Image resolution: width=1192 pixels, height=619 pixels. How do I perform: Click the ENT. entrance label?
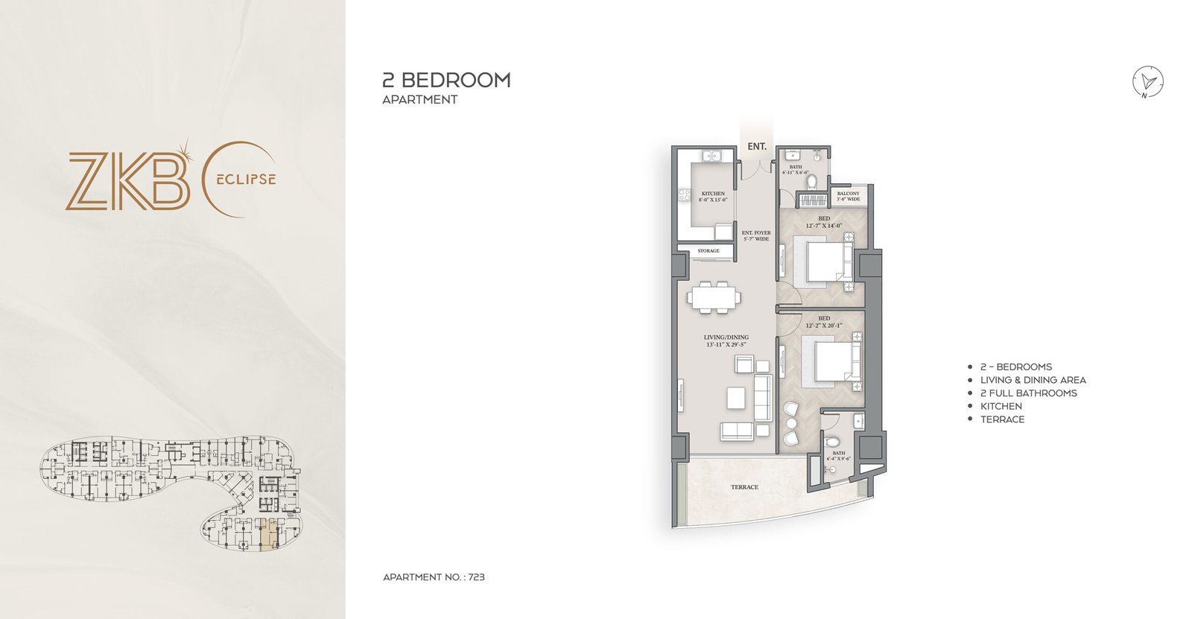point(757,147)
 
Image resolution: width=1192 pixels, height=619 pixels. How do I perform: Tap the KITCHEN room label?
point(713,196)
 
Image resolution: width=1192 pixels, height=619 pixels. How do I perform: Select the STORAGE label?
point(708,251)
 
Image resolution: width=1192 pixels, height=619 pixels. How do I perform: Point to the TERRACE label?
point(744,487)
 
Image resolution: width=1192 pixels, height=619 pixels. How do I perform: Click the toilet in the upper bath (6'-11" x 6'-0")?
point(813,181)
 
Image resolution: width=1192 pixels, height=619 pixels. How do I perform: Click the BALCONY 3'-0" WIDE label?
point(848,197)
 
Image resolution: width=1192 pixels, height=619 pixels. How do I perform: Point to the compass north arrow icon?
point(1148,82)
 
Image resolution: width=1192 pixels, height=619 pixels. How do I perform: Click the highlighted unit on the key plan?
point(269,534)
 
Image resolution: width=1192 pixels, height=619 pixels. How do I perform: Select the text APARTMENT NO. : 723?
point(434,577)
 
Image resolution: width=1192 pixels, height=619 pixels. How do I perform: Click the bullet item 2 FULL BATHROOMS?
point(1028,393)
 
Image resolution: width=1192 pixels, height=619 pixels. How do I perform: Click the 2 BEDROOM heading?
point(446,80)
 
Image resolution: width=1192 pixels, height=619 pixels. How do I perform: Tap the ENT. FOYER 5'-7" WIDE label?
point(756,235)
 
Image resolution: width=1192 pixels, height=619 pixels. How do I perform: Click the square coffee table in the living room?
point(737,397)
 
